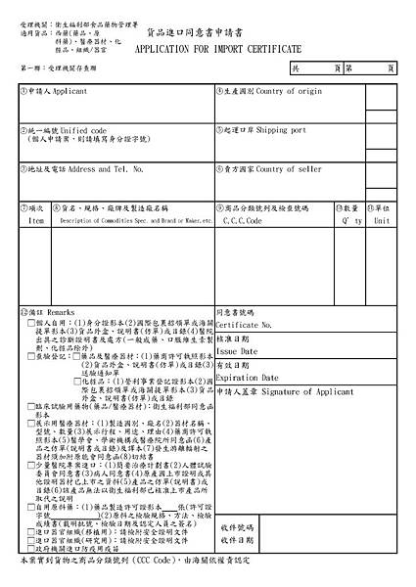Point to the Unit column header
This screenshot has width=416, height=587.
[381, 221]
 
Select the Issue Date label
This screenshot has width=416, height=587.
[237, 350]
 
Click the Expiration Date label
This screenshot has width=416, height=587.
[248, 377]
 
